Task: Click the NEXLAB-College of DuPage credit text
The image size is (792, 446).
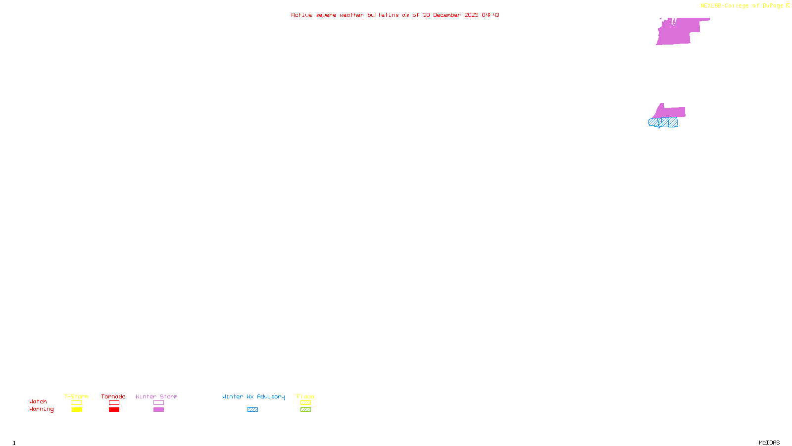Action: (x=742, y=6)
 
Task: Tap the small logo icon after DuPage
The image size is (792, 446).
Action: (x=788, y=5)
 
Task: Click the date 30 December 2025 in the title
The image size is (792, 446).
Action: (x=450, y=15)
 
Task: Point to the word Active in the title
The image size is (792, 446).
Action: (x=301, y=15)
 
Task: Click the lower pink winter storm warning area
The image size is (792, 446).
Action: (x=671, y=112)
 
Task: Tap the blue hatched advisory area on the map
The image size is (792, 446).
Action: (x=663, y=122)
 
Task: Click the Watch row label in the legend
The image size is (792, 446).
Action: (x=38, y=401)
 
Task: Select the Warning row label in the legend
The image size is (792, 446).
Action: (x=41, y=409)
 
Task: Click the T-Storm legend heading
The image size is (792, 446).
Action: (x=76, y=396)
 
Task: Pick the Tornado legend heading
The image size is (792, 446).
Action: (x=113, y=396)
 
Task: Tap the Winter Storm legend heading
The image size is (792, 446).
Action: (x=156, y=396)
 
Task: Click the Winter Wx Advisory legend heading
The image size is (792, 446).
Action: (x=253, y=396)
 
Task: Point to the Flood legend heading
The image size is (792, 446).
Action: (x=305, y=396)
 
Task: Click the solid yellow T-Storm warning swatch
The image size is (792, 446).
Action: (x=77, y=410)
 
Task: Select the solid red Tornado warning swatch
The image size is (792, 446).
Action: (x=114, y=410)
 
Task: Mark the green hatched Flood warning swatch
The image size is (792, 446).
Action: (x=305, y=410)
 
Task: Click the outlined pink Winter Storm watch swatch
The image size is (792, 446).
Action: (x=158, y=403)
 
